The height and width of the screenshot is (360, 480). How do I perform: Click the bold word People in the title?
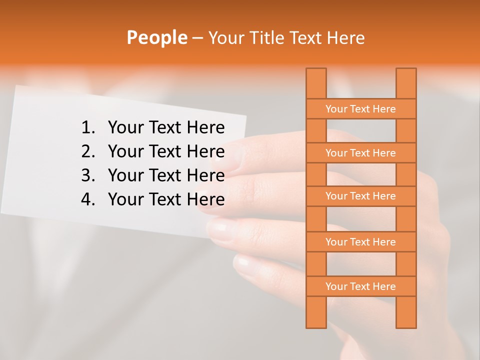coord(156,37)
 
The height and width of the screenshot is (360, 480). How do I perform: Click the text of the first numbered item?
coord(166,128)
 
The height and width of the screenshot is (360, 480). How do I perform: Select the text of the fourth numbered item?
coord(166,199)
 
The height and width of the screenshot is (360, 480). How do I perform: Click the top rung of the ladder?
coord(360,109)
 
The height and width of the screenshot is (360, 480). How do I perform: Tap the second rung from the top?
coord(360,153)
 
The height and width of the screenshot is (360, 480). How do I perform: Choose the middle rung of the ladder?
coord(360,196)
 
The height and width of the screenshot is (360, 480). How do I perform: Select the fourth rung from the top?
coord(360,242)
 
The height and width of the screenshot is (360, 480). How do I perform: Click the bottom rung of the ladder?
coord(360,286)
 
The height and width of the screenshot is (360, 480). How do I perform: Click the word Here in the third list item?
coord(205,175)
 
